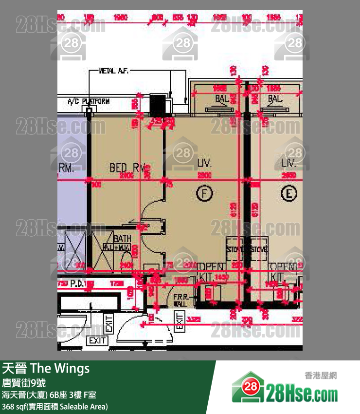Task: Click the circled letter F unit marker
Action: coord(205,194)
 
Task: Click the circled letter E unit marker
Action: coord(290,194)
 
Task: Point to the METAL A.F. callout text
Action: coord(114,71)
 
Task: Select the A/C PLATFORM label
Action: coord(89,101)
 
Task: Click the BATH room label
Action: coord(122,239)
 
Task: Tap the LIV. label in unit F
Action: coord(205,162)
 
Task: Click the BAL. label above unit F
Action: coord(222,99)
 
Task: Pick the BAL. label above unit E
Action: coord(275,99)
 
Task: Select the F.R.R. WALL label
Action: coord(180,299)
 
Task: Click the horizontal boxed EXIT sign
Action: coord(97,341)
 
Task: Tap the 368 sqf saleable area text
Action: coord(54,406)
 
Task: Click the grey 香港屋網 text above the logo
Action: coord(320,376)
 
